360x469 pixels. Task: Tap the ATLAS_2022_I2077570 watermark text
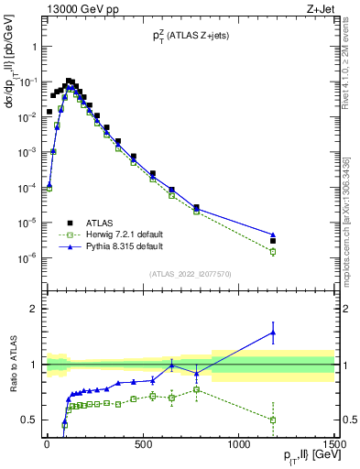click(190, 274)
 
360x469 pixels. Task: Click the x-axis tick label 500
click(143, 445)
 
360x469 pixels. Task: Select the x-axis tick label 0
click(47, 445)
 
